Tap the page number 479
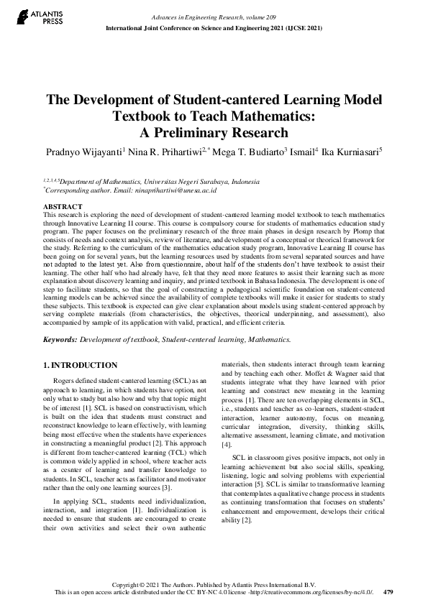point(388,592)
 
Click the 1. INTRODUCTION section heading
point(81,366)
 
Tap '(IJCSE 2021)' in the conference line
point(297,27)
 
